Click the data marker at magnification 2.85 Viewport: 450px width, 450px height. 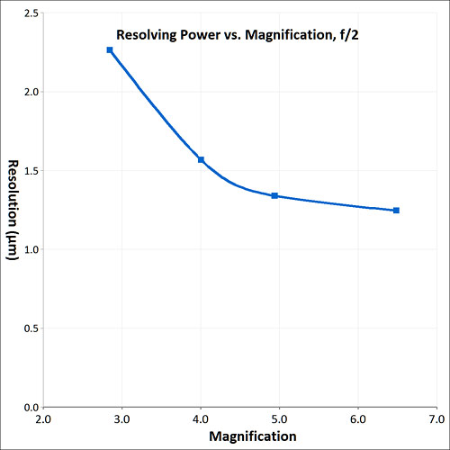coord(110,49)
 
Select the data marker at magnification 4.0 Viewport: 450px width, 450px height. coord(201,159)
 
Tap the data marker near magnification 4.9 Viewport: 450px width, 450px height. coord(274,195)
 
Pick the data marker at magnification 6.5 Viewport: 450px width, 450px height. coord(396,211)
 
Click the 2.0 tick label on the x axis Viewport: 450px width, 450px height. coord(43,419)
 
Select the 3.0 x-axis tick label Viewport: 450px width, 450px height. coord(122,419)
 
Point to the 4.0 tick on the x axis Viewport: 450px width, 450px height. coord(201,419)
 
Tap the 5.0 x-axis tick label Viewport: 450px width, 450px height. coord(280,419)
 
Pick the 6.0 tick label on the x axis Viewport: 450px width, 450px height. coord(358,419)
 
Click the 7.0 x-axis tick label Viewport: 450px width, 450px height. coord(436,419)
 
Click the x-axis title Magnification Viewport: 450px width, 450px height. coord(247,436)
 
